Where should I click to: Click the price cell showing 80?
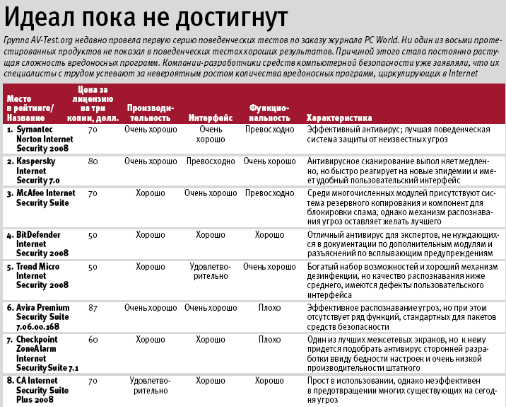(93, 161)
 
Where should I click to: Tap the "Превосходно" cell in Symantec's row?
(269, 130)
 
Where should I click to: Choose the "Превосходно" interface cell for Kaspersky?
(211, 161)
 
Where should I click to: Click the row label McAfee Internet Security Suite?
(46, 197)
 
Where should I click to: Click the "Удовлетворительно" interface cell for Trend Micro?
(211, 272)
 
